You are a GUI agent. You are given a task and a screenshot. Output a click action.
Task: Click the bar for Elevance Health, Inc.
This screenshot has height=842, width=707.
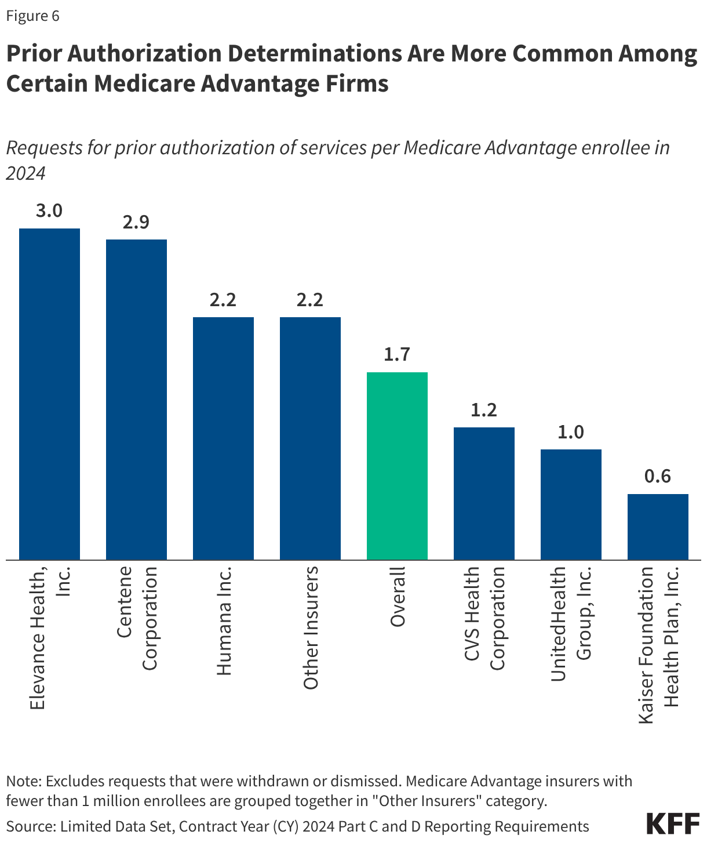pos(49,394)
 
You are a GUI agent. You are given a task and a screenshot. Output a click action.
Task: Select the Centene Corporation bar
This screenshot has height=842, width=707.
pos(136,400)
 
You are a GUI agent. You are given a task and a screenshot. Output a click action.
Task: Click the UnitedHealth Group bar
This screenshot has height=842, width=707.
pos(571,505)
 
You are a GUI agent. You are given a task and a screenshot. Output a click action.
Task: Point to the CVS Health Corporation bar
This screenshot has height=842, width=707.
pos(484,493)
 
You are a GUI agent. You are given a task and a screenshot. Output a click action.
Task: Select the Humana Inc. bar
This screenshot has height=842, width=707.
pos(223,438)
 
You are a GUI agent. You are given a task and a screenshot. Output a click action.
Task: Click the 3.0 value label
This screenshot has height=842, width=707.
pos(49,210)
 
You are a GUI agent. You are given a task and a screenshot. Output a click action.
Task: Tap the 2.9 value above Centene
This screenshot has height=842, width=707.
pos(136,222)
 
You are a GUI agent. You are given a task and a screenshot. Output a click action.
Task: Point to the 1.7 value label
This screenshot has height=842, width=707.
pos(397,354)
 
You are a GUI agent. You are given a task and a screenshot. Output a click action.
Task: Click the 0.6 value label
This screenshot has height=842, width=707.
pos(658,476)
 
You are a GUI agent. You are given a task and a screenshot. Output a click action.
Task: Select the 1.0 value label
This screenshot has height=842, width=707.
pos(571,432)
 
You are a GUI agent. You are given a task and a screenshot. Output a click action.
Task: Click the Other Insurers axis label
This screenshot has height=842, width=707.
pos(311,627)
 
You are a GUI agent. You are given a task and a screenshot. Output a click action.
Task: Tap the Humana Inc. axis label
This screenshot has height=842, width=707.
pos(224,620)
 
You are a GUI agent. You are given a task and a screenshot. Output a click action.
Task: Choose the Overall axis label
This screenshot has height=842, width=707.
pos(398,597)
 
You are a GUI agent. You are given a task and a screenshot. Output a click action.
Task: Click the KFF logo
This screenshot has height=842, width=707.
pos(672,824)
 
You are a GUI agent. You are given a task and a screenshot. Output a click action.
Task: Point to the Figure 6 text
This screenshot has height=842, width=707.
pos(33,16)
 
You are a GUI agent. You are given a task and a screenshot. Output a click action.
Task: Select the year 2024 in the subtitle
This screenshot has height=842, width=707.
pos(25,173)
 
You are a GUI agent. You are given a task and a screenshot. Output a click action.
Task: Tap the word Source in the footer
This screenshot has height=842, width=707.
pos(28,826)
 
